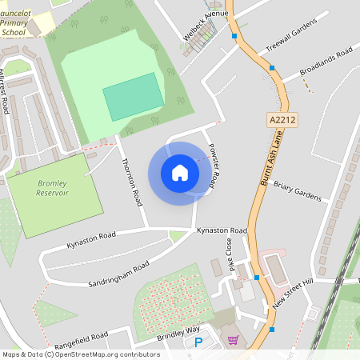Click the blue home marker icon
(180, 173)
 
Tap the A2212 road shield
(276, 119)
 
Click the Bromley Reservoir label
(53, 188)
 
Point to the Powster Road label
(211, 165)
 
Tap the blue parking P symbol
(198, 342)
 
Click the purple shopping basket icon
(233, 340)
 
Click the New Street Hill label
(293, 294)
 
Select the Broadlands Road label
(326, 62)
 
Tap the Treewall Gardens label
(286, 37)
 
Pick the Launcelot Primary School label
(18, 22)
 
